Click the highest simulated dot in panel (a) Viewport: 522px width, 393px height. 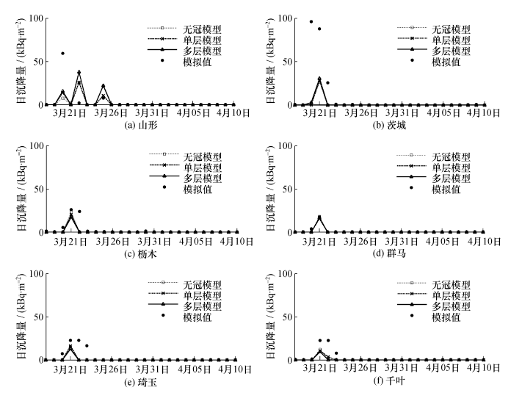[62, 53]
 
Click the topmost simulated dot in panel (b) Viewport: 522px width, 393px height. [311, 21]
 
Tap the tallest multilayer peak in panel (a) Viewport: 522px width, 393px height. [79, 72]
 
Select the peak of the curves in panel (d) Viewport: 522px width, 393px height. [319, 217]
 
